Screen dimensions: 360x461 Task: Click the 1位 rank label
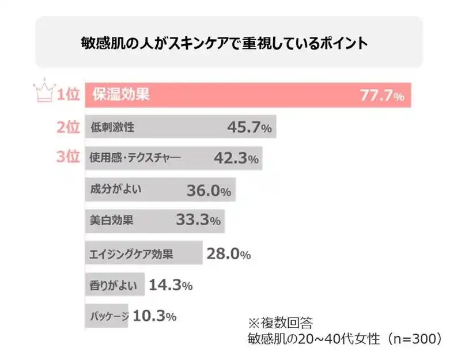coord(67,95)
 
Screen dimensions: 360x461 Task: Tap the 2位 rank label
coord(67,127)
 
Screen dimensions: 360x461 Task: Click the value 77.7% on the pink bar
coord(382,96)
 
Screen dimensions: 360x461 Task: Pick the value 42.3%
coord(235,158)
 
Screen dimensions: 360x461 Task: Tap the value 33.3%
coord(198,221)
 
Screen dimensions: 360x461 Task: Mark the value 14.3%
coord(170,285)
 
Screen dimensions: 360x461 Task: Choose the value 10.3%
coord(154,316)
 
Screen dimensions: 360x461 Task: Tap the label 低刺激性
coord(112,127)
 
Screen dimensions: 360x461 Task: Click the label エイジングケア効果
coord(132,253)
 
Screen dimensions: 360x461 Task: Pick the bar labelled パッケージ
coord(108,316)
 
